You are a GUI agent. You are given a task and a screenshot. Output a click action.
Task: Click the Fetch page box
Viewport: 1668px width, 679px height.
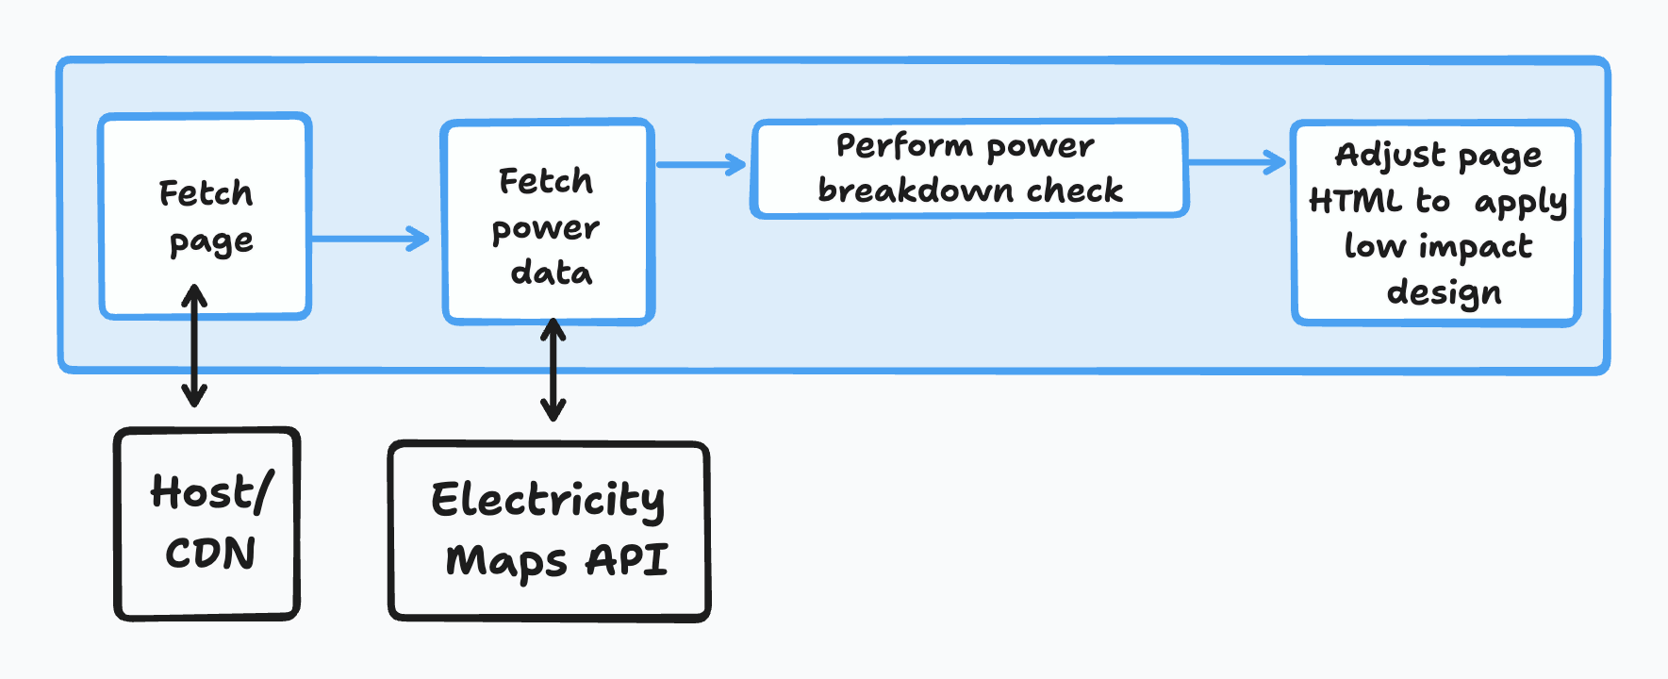(x=206, y=215)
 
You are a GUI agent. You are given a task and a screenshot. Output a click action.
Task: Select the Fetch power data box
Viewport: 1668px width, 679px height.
(x=548, y=222)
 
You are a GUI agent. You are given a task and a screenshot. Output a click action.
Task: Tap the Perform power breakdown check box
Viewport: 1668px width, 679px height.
(x=968, y=168)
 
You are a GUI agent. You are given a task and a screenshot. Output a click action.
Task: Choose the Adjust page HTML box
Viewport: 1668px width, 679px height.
(x=1435, y=223)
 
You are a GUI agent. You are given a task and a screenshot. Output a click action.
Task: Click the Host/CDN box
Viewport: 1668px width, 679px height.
(x=207, y=523)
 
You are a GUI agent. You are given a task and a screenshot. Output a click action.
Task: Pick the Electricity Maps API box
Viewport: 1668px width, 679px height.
(x=549, y=531)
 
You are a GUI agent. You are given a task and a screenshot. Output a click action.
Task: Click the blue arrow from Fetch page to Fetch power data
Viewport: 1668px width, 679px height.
(x=370, y=238)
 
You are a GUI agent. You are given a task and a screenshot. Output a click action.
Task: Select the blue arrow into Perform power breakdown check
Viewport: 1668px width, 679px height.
(x=701, y=164)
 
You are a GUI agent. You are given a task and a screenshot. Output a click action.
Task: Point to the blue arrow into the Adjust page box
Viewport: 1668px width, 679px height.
(x=1236, y=162)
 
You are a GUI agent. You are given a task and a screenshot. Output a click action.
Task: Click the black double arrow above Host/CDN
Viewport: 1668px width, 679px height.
(x=194, y=345)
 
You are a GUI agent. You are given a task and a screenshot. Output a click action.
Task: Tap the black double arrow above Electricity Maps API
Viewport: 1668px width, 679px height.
(x=553, y=369)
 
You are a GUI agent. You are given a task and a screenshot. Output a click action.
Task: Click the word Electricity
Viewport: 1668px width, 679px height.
(x=548, y=500)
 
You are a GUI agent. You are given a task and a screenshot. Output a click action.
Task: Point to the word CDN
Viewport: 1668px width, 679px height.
(x=210, y=553)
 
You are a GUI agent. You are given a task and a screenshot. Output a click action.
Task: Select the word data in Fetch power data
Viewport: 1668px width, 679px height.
(x=552, y=273)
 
